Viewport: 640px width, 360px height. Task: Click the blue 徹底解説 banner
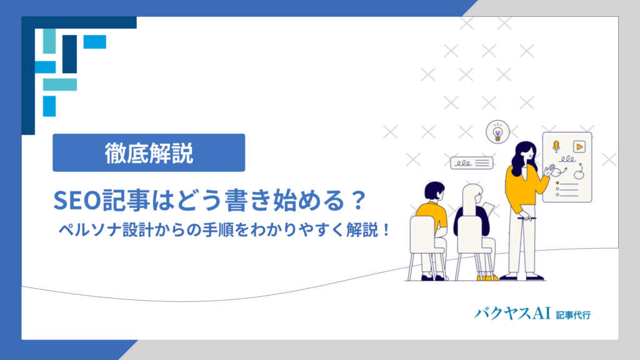coord(149,152)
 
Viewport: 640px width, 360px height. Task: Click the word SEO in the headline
coord(77,201)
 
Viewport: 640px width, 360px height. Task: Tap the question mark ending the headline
coord(359,200)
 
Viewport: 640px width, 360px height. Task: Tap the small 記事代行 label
coord(573,315)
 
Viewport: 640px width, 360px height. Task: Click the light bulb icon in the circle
coord(497,132)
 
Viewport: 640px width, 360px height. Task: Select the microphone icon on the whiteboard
coord(556,146)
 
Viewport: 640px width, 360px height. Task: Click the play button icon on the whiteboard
coord(579,146)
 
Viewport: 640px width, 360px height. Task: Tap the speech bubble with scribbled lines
coord(471,163)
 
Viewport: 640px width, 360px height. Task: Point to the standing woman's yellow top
coord(523,187)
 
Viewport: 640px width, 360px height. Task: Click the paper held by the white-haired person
coord(489,209)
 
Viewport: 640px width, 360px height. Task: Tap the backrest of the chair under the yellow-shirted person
coord(422,235)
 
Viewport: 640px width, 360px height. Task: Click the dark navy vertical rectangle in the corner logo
coord(70,54)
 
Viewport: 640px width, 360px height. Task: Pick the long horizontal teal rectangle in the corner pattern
coord(60,84)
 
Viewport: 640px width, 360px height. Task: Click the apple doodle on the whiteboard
coord(579,174)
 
